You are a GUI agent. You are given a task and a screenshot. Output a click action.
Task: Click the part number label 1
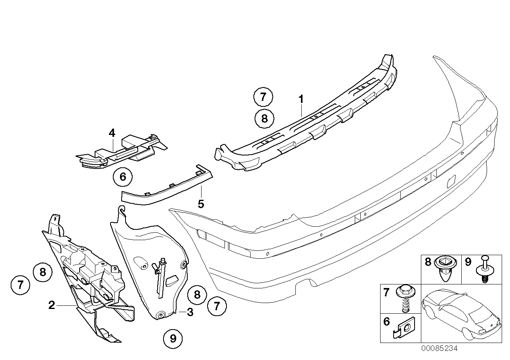(x=301, y=99)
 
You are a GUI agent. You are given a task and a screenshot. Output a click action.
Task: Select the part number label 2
(x=51, y=305)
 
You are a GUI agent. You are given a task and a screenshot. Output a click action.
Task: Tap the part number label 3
(x=190, y=313)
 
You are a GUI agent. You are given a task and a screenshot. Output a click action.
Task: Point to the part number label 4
(x=112, y=133)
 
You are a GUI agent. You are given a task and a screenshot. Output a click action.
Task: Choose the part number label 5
(x=201, y=204)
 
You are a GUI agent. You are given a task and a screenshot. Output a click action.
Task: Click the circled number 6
(x=122, y=177)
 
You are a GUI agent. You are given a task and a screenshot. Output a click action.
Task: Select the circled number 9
(x=173, y=339)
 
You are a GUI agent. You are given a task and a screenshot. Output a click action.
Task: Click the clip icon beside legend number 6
(x=404, y=328)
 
